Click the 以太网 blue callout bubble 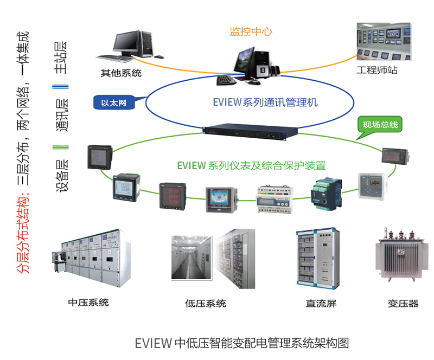click(113, 102)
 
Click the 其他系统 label click(121, 73)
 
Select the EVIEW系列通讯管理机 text click(265, 102)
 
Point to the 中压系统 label click(88, 302)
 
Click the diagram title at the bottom click(241, 343)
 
